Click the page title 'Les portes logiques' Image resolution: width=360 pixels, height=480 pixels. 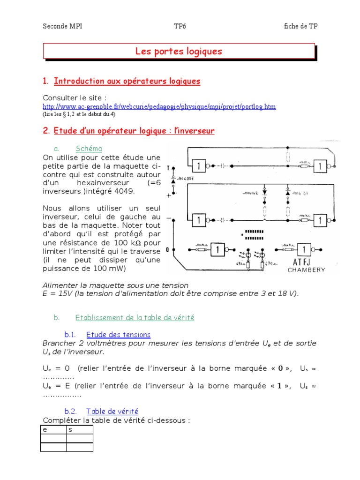(x=179, y=52)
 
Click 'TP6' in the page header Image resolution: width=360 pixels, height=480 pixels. (x=180, y=26)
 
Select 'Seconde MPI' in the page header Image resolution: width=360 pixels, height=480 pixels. (x=62, y=26)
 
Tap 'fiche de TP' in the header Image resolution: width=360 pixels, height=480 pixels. (x=300, y=26)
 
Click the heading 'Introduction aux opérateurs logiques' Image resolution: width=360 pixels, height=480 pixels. (x=127, y=82)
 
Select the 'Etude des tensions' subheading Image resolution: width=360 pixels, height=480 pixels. (x=119, y=335)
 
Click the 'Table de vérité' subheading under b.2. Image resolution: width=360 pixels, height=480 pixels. (x=112, y=412)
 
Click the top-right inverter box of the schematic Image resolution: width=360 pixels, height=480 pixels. (x=321, y=165)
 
